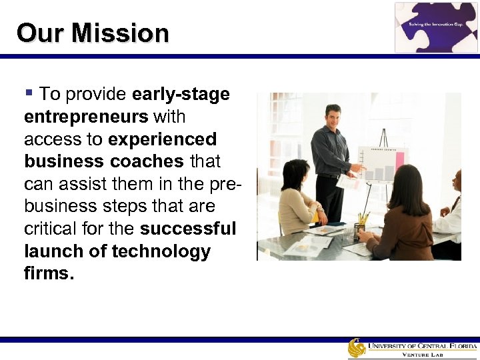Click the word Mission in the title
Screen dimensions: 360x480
click(121, 33)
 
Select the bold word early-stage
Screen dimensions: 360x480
click(181, 94)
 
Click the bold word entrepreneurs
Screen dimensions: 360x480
click(86, 117)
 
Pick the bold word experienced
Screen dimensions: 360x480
click(162, 139)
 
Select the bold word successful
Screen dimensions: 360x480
click(188, 229)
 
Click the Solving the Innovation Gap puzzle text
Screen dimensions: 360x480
click(436, 25)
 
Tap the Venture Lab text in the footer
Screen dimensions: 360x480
click(422, 355)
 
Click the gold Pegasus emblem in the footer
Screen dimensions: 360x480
click(357, 348)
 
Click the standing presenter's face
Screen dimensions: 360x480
click(331, 117)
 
